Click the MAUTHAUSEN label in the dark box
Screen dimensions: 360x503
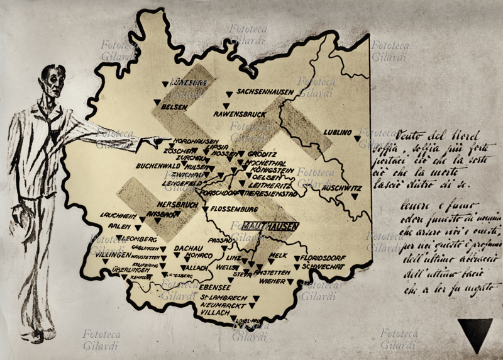click(x=270, y=225)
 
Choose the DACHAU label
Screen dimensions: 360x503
click(x=187, y=247)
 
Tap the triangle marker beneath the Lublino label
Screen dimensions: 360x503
click(x=357, y=138)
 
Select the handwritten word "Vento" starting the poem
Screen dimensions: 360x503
click(x=410, y=136)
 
